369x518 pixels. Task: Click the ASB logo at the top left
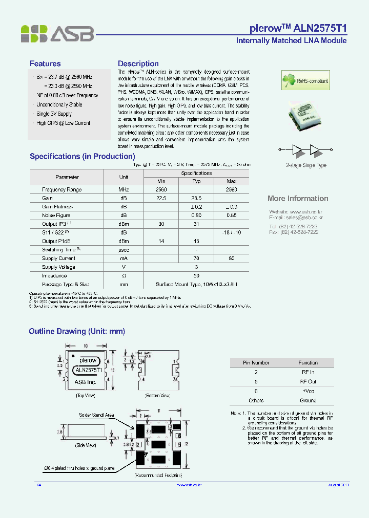click(x=57, y=34)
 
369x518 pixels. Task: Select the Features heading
click(x=45, y=63)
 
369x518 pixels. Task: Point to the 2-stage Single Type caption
click(x=306, y=165)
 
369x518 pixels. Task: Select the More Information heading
click(x=298, y=199)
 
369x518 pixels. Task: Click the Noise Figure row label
click(x=56, y=215)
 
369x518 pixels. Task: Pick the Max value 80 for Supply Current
click(x=232, y=258)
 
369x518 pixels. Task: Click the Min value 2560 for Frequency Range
click(x=161, y=189)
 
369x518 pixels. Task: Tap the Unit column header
click(x=124, y=177)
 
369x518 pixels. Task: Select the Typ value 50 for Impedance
click(x=196, y=276)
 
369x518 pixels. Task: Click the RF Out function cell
click(x=308, y=381)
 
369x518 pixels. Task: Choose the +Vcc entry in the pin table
click(x=308, y=391)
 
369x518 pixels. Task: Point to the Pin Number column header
click(x=256, y=362)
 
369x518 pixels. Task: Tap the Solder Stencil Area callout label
click(x=96, y=415)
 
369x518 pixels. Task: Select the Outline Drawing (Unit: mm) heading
click(x=77, y=332)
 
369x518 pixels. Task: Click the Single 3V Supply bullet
click(x=54, y=114)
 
